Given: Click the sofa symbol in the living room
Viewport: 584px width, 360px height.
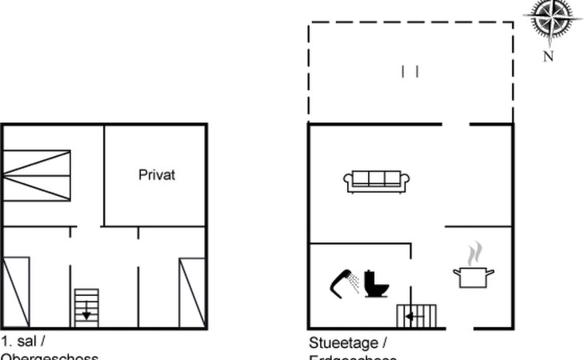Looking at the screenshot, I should [x=376, y=182].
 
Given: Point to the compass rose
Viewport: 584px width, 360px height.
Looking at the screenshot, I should [x=552, y=19].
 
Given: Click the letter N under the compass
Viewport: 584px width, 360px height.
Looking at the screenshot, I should [x=549, y=56].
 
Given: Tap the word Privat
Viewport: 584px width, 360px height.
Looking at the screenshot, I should [x=156, y=174].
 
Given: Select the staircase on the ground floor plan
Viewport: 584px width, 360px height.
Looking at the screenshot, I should [x=417, y=316].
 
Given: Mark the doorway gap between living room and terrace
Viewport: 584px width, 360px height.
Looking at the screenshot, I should [x=456, y=124].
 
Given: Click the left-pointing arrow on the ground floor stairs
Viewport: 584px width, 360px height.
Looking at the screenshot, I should [x=410, y=317].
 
